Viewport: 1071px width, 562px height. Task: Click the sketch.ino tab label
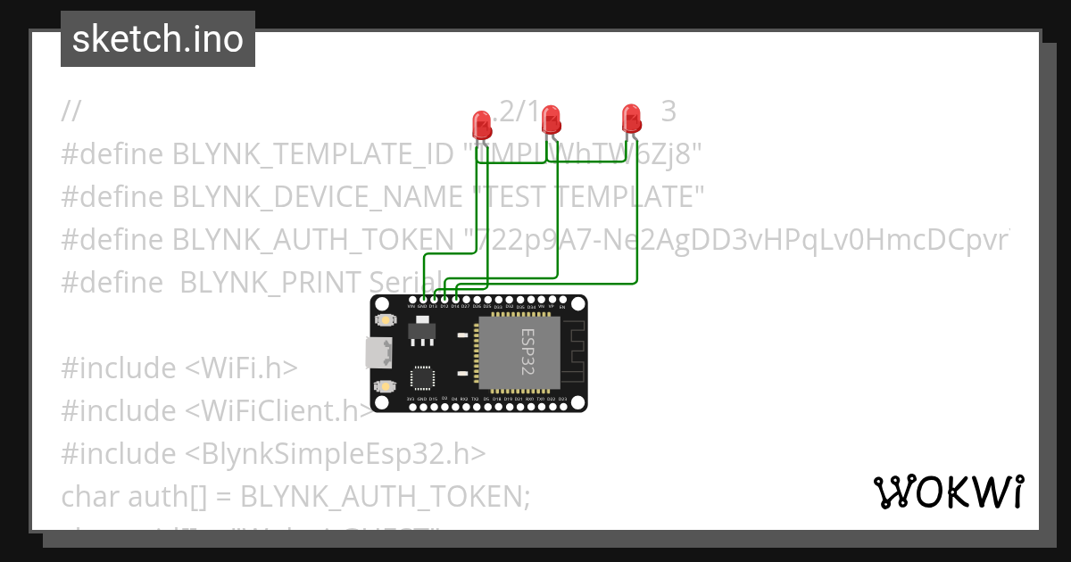click(157, 39)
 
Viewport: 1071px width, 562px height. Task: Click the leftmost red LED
click(481, 123)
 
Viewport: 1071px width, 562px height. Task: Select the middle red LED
click(551, 118)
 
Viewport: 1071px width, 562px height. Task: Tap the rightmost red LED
click(631, 118)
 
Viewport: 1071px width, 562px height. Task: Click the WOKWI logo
click(948, 492)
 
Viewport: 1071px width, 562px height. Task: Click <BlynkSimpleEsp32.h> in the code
click(336, 453)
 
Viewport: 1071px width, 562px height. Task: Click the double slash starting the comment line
click(71, 112)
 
